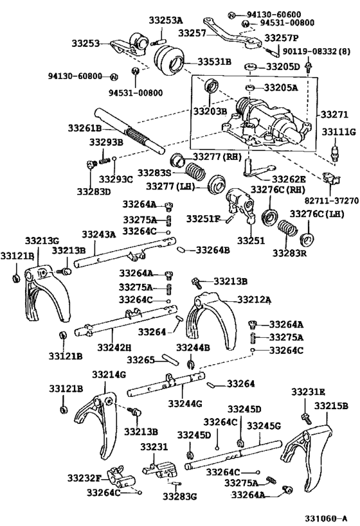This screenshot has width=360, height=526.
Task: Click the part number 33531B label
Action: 214,62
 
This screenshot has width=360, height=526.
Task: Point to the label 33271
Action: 334,114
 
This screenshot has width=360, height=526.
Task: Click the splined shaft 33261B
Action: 129,131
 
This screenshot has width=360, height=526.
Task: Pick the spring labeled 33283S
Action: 195,171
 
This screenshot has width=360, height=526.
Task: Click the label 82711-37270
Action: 332,200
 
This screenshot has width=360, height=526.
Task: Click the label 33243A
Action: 99,234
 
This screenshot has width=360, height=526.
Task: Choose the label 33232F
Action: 84,478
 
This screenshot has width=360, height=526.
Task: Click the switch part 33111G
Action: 334,153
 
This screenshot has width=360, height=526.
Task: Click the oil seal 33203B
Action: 211,85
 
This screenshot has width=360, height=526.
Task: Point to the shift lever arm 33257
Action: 231,35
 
